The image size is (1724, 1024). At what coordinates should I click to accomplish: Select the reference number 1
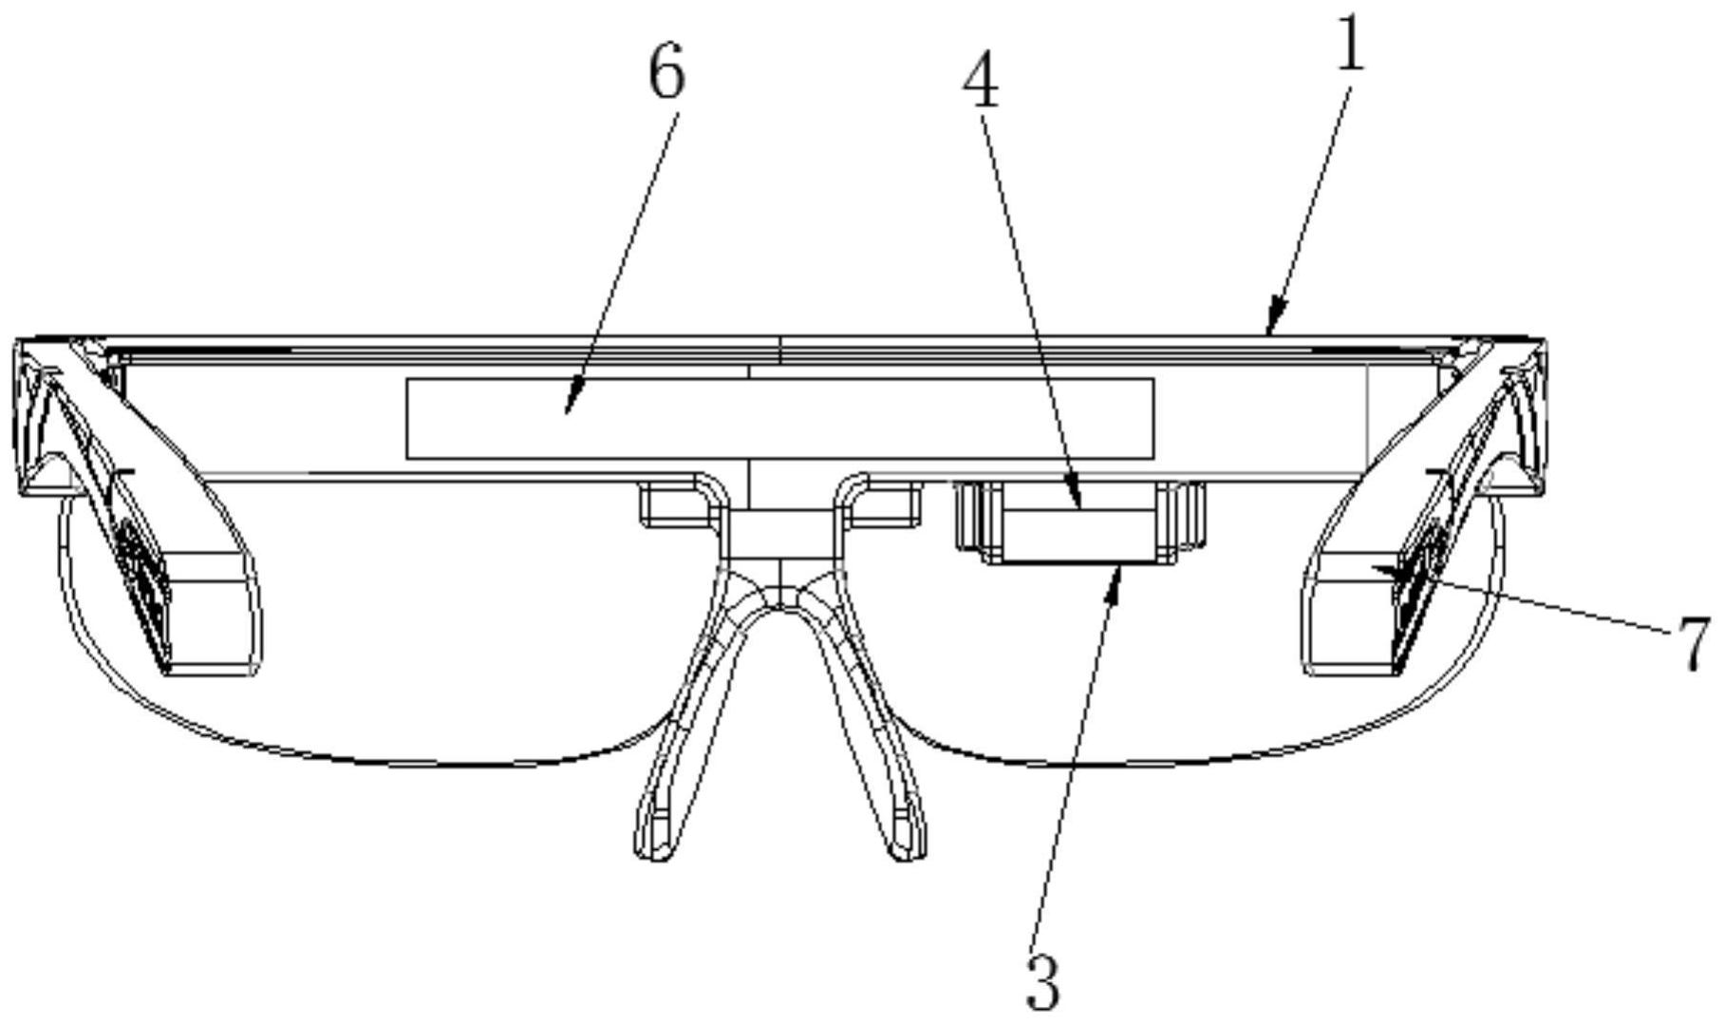tap(1350, 45)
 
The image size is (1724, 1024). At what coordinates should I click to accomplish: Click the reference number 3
tap(1043, 982)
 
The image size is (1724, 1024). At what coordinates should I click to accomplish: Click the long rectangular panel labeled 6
tap(778, 418)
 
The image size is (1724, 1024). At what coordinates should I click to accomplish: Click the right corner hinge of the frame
tap(1519, 418)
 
